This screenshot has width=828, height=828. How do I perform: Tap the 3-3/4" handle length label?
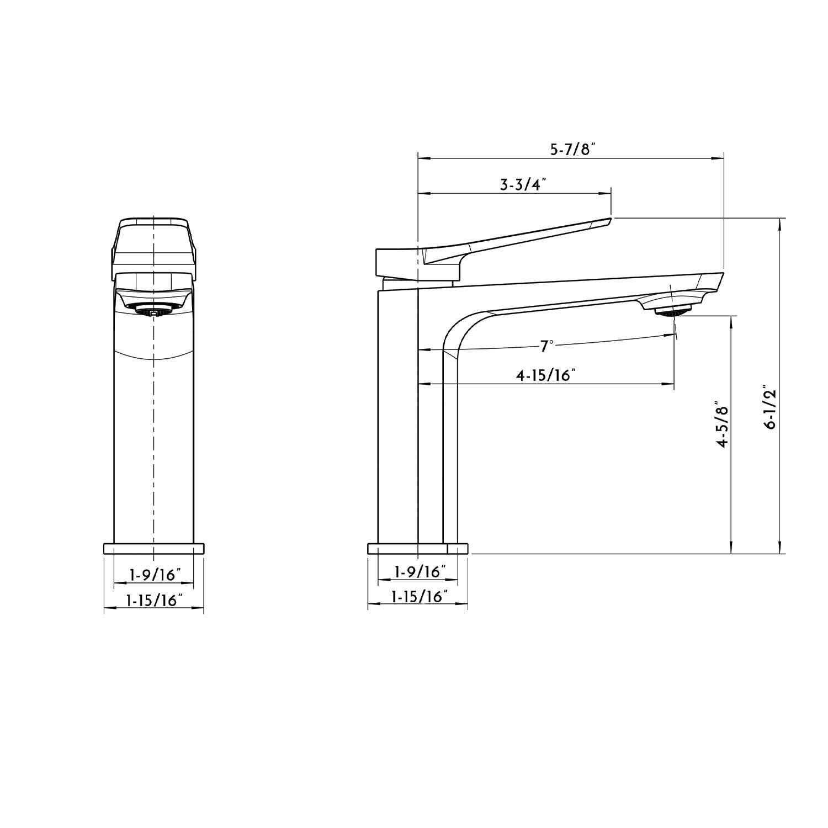(x=522, y=184)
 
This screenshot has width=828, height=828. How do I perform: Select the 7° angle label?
(x=546, y=346)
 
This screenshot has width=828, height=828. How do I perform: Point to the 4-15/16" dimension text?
(x=546, y=375)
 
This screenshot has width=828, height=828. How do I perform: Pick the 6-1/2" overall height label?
(x=769, y=407)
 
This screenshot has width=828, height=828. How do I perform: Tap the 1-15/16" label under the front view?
(x=154, y=600)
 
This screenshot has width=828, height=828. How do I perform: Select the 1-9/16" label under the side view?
(x=419, y=571)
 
